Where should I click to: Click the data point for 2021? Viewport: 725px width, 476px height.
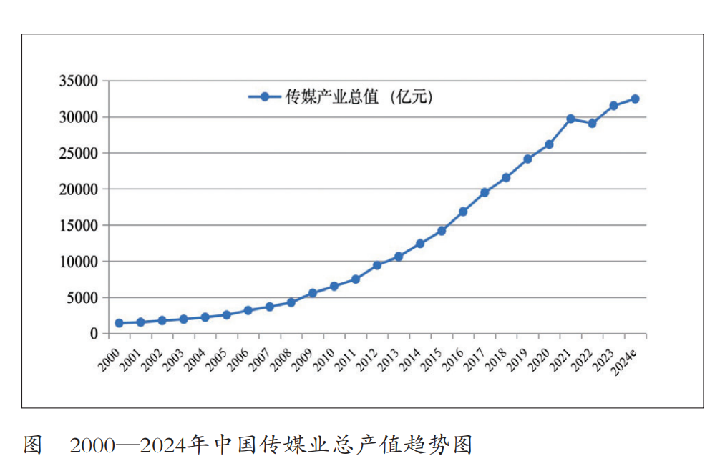click(570, 119)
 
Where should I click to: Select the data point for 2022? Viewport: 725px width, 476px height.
click(592, 123)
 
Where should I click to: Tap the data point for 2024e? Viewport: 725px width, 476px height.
click(635, 99)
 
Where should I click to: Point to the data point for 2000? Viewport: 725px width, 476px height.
click(119, 323)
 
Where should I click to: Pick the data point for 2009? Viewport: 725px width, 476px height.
click(312, 293)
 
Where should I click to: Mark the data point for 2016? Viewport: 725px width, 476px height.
click(463, 212)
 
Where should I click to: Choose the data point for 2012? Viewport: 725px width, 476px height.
click(376, 265)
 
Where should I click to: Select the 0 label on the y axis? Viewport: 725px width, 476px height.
click(94, 334)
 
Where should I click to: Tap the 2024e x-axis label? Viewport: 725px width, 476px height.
click(626, 356)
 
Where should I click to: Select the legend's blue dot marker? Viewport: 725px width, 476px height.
click(265, 96)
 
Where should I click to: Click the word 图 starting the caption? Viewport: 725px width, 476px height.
click(33, 445)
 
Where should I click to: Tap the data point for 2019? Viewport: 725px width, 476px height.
click(527, 159)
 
